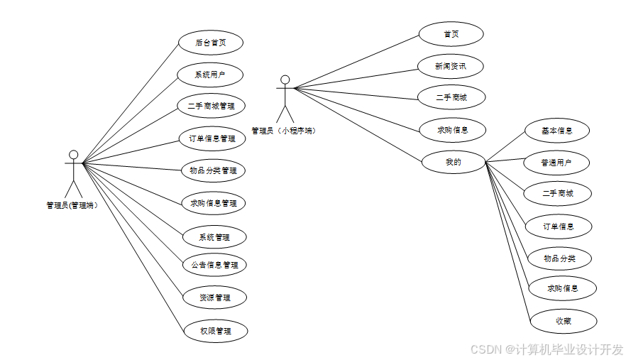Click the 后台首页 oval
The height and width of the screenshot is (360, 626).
(x=211, y=42)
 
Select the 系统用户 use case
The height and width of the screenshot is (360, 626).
(x=211, y=75)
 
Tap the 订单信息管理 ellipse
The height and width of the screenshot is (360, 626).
(x=212, y=138)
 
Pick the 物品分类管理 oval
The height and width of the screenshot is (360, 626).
(x=214, y=170)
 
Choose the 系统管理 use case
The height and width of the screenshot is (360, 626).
(x=214, y=236)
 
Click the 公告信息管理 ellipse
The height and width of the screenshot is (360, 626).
(x=214, y=265)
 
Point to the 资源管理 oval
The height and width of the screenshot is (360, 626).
(x=214, y=298)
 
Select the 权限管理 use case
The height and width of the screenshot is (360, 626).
(x=214, y=331)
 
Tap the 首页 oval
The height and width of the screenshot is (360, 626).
(x=451, y=34)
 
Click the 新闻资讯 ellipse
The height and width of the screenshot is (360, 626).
(x=451, y=66)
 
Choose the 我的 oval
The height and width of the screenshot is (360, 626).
(x=453, y=162)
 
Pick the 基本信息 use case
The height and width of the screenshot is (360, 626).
(x=557, y=131)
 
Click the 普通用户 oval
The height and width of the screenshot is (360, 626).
(x=557, y=163)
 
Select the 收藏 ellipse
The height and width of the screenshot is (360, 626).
(x=563, y=321)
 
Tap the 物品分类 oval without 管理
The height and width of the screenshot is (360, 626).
(x=559, y=258)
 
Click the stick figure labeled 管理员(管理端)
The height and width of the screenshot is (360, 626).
(x=73, y=173)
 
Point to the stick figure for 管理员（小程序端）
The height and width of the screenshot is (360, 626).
(x=285, y=98)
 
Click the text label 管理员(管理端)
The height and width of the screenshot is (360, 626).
(x=72, y=205)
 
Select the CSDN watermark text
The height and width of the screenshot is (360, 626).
(x=547, y=349)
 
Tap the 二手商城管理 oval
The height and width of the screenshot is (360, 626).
(x=212, y=106)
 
